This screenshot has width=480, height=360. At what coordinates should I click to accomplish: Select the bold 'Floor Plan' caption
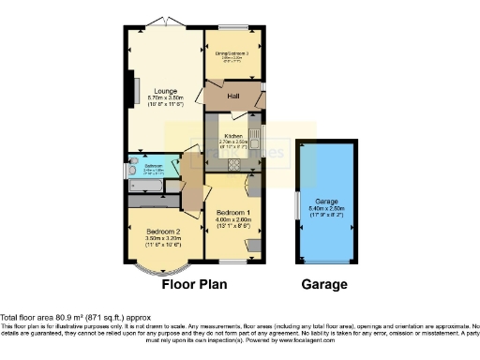195,284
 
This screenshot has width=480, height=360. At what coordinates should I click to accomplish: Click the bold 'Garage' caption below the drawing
323,284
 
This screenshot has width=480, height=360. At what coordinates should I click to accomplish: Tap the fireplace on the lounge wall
136,90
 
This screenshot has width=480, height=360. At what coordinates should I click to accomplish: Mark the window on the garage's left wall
297,204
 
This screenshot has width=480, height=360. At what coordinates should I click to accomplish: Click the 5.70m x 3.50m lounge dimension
161,97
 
